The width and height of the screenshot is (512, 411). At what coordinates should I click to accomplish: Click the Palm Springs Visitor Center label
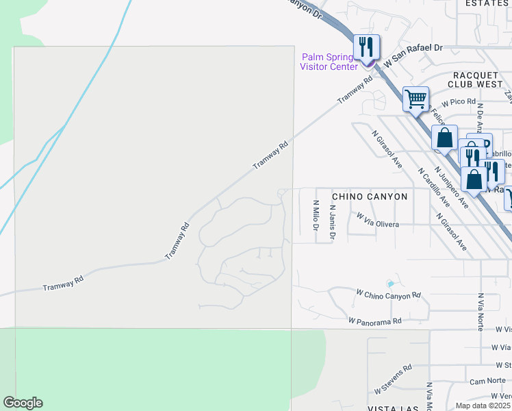click(x=329, y=62)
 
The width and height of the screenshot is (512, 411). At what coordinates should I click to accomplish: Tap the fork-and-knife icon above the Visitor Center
click(x=366, y=47)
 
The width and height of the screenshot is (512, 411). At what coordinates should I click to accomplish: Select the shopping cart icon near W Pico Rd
click(x=415, y=99)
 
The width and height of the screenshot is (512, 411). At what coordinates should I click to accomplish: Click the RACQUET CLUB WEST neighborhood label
click(x=476, y=79)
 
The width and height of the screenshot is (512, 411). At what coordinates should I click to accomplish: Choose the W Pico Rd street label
click(x=458, y=101)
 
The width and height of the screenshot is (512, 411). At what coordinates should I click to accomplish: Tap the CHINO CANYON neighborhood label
click(x=370, y=197)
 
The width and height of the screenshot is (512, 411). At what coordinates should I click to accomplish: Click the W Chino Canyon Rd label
click(x=388, y=295)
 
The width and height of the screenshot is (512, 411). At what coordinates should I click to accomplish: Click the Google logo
click(x=23, y=403)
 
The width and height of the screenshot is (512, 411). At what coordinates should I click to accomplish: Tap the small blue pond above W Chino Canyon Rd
click(x=390, y=284)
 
